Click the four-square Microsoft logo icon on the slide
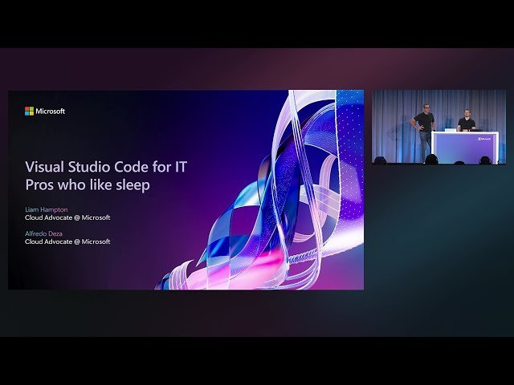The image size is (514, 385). [29, 111]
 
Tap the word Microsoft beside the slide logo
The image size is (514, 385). [51, 111]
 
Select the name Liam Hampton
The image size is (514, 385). [47, 209]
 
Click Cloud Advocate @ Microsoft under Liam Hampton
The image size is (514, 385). [67, 217]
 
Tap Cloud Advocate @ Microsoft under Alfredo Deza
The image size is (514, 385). [67, 241]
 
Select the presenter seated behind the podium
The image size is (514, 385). [466, 124]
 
